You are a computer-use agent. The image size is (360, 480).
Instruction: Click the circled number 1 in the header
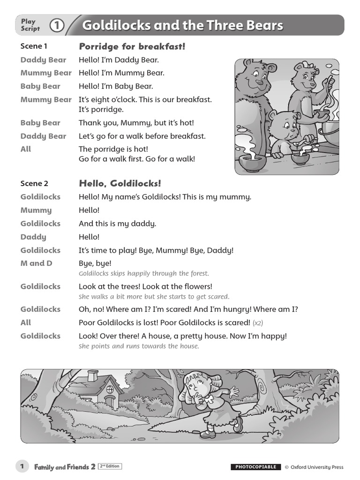pyautogui.click(x=57, y=25)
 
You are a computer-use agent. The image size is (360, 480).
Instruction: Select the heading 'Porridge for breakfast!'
pyautogui.click(x=132, y=46)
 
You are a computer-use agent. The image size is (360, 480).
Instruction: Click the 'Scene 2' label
pyautogui.click(x=34, y=184)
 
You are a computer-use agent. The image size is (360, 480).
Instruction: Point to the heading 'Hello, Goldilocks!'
pyautogui.click(x=120, y=184)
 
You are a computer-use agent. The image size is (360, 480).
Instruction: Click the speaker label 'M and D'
pyautogui.click(x=36, y=263)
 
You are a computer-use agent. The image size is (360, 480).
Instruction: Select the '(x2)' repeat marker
pyautogui.click(x=258, y=323)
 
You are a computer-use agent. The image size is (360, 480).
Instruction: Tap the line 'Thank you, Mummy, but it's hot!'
pyautogui.click(x=136, y=123)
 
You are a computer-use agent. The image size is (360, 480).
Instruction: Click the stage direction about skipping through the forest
pyautogui.click(x=144, y=274)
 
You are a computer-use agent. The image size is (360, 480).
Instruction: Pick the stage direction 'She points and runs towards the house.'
pyautogui.click(x=139, y=346)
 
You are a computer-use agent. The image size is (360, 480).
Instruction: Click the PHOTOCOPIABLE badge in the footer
pyautogui.click(x=255, y=467)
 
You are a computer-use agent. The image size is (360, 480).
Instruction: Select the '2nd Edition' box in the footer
pyautogui.click(x=109, y=466)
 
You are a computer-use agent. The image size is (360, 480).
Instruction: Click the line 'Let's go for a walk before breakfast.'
pyautogui.click(x=142, y=136)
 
